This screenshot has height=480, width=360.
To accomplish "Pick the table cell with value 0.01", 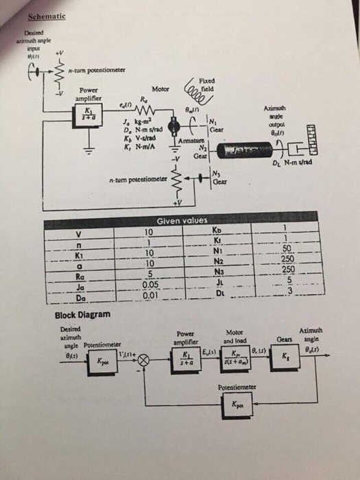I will point(151,296).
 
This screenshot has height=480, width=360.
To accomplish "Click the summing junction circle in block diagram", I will point(144,359).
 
